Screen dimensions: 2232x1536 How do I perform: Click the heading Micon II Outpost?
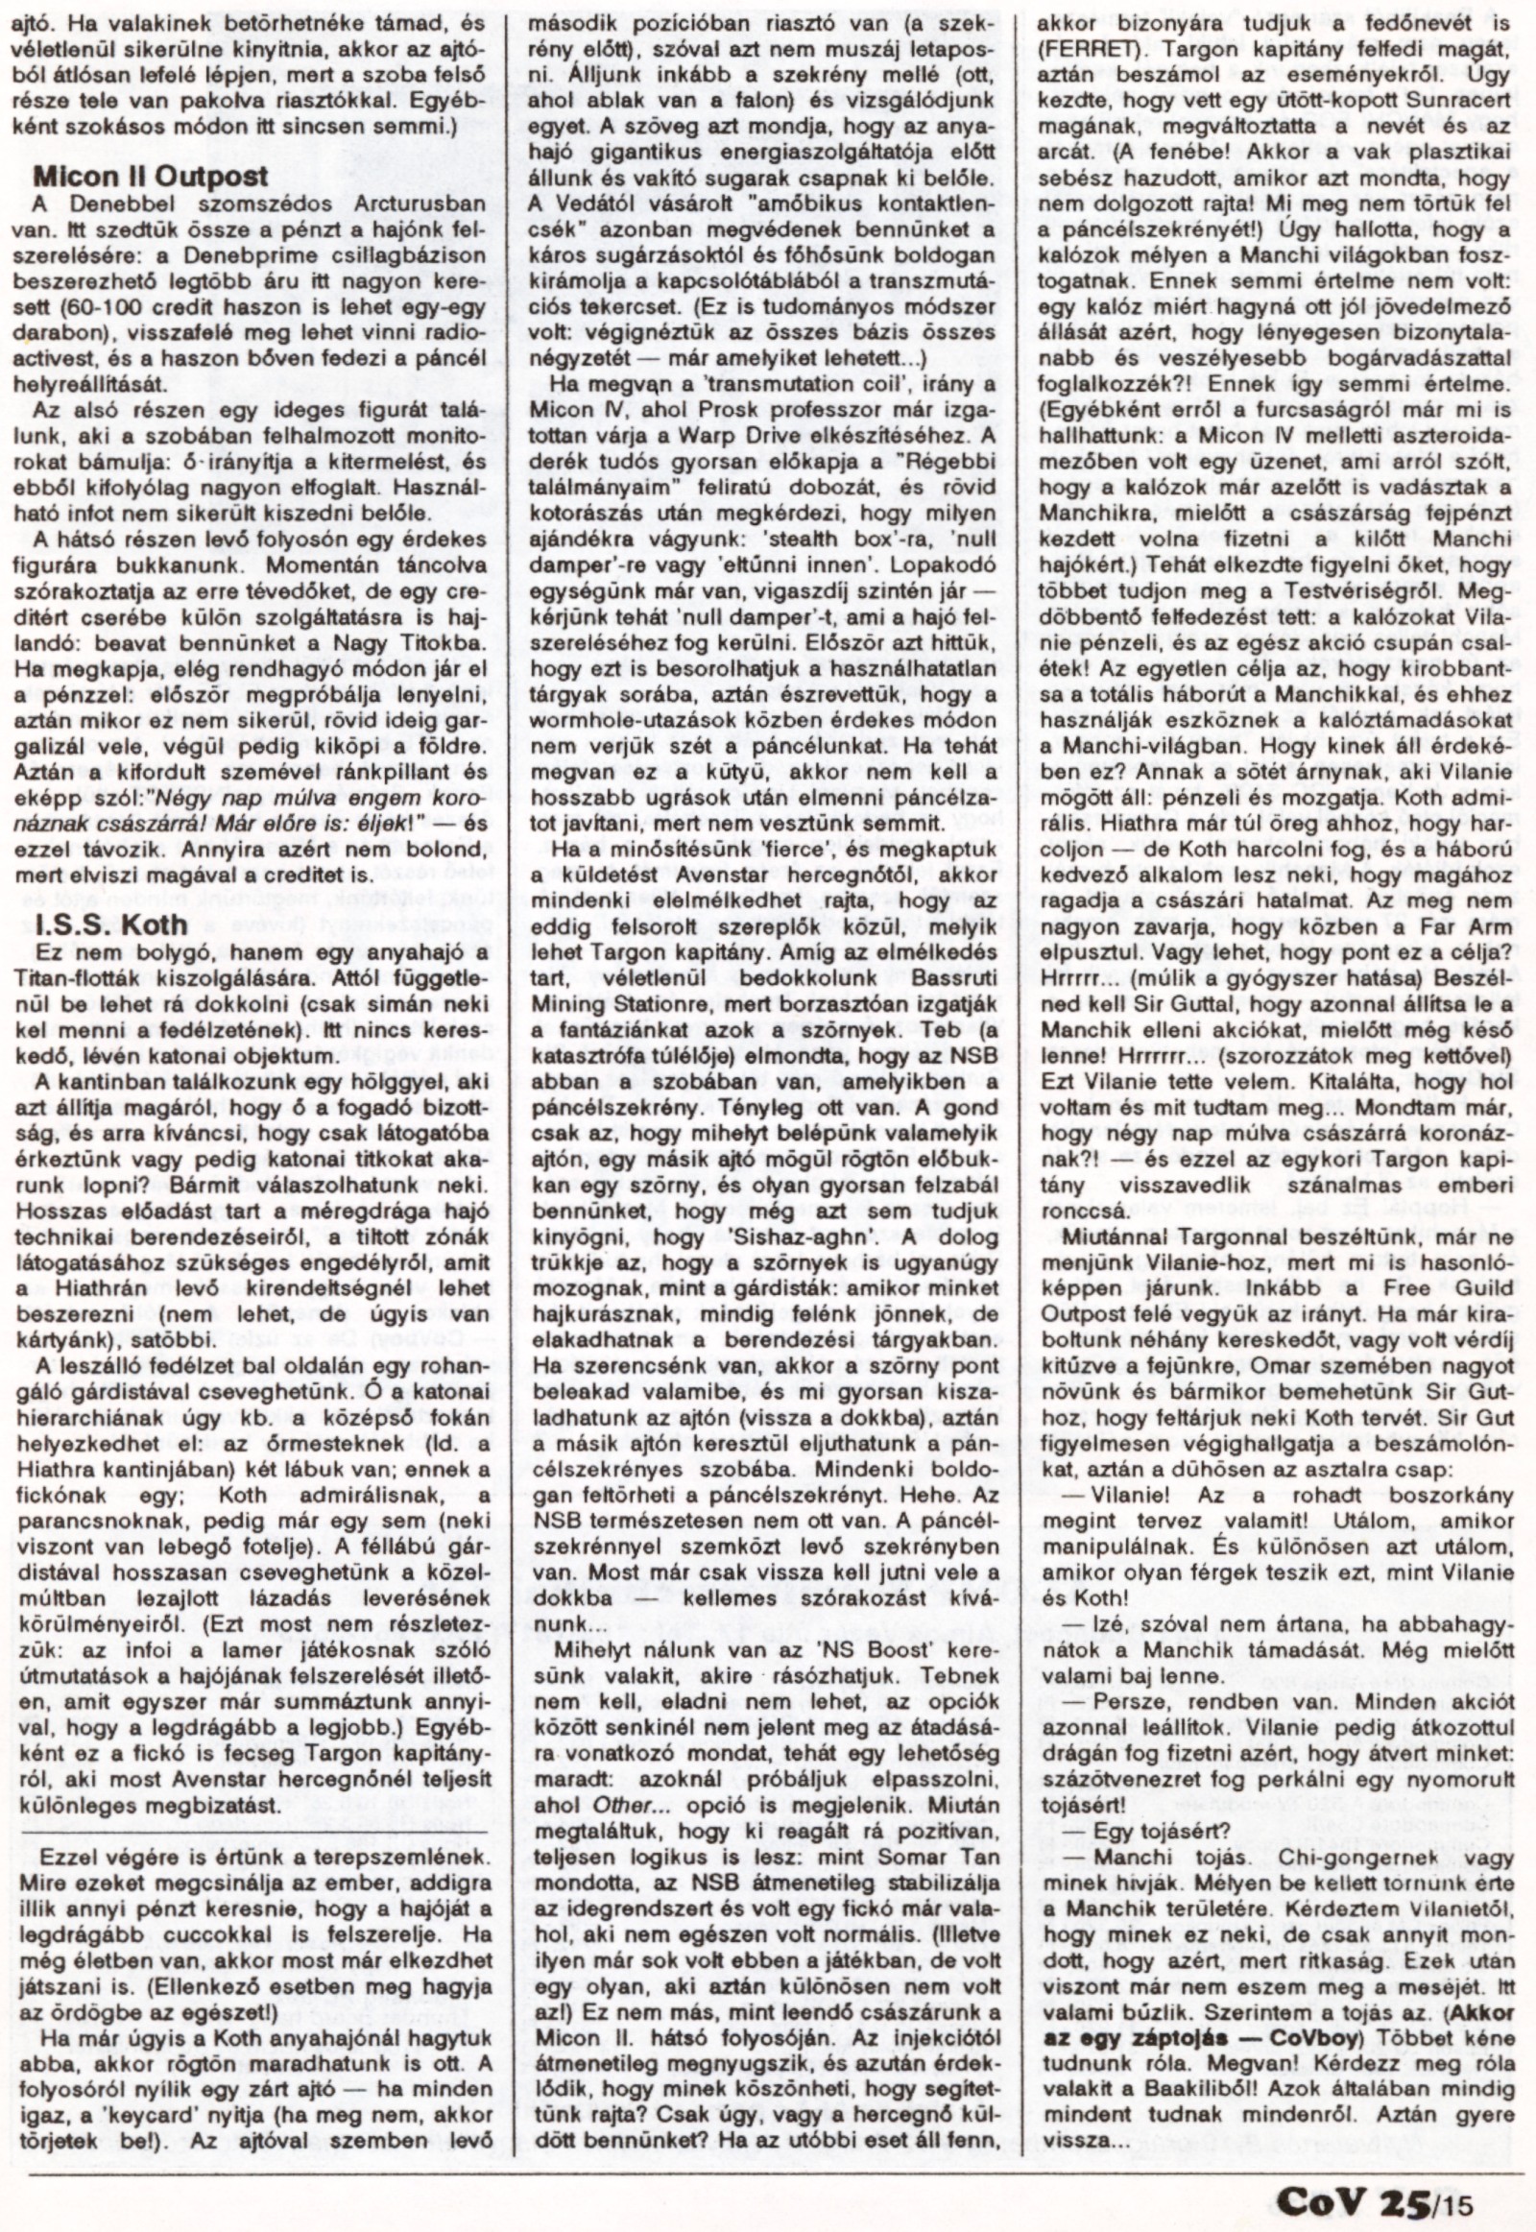click(150, 176)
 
